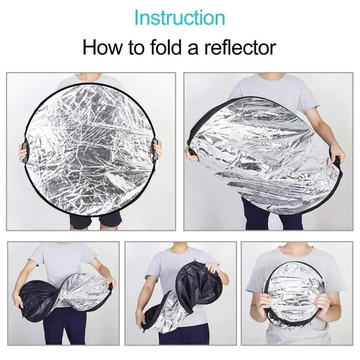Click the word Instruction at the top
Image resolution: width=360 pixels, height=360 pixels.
coord(179,18)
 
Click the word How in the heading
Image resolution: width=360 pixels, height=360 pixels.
coord(103,47)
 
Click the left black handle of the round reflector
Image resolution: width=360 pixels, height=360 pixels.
coord(25,153)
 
